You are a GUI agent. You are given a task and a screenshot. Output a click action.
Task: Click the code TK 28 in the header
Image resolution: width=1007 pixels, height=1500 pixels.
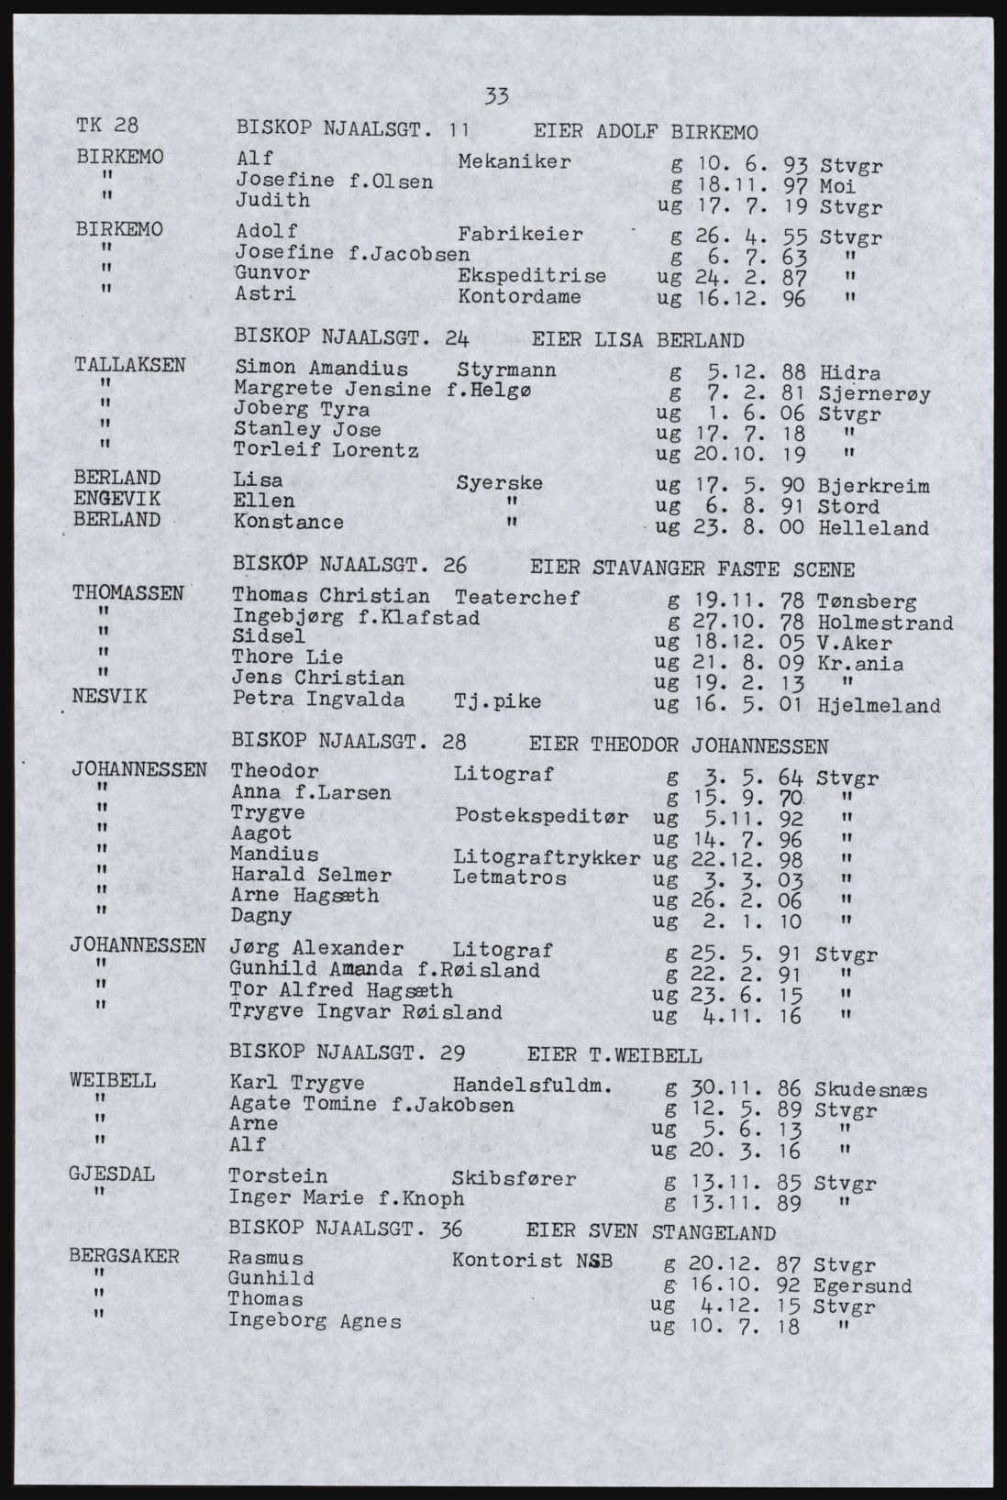click(107, 127)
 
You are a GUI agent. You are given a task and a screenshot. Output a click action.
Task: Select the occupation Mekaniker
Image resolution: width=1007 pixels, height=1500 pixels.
click(515, 162)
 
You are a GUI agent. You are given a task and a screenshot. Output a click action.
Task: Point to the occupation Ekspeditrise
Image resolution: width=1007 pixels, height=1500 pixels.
click(531, 275)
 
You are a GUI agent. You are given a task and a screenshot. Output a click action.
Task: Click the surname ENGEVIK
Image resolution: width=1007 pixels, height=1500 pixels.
click(117, 499)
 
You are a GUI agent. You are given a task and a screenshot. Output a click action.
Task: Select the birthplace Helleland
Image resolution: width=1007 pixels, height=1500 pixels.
click(873, 528)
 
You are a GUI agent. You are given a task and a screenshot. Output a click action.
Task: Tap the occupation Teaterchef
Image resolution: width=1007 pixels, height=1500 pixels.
click(516, 598)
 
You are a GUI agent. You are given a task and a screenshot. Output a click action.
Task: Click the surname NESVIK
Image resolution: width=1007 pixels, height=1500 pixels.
click(111, 697)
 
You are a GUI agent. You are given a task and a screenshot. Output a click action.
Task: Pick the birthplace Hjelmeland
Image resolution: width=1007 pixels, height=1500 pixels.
click(879, 706)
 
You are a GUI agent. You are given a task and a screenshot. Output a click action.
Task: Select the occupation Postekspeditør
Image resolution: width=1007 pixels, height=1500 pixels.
click(541, 816)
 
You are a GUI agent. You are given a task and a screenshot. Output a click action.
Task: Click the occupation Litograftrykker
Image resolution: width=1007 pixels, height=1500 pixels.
click(547, 857)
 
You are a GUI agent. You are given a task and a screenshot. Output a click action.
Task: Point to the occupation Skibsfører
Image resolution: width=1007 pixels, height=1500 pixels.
click(514, 1178)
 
